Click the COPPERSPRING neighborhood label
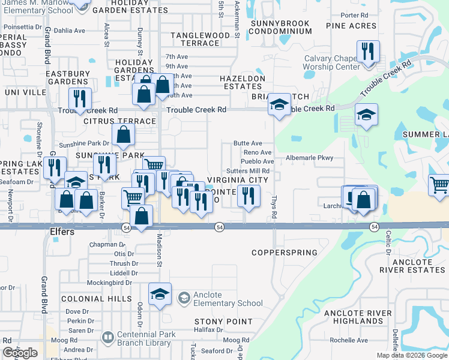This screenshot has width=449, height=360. point(285,253)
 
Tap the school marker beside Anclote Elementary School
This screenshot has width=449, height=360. point(160,294)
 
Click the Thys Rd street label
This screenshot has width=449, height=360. point(274,206)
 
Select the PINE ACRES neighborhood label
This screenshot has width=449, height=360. point(351,26)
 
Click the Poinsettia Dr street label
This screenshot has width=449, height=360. point(20,27)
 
